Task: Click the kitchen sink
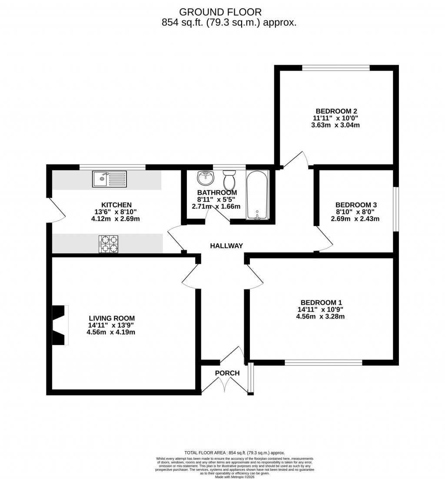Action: pos(109,179)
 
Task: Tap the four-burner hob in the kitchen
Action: pos(109,244)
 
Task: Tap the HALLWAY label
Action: pos(226,246)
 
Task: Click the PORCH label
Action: pos(227,373)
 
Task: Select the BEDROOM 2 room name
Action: pos(336,110)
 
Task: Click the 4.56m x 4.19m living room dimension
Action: pos(111,332)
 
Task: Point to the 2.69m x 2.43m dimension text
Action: pos(355,219)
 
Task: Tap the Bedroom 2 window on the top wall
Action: pos(336,67)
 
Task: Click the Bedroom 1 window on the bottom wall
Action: pos(323,363)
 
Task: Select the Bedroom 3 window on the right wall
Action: pos(395,210)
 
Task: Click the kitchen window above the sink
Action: pos(112,167)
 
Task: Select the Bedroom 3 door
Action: pos(324,240)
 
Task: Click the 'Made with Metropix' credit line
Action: pos(235,477)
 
